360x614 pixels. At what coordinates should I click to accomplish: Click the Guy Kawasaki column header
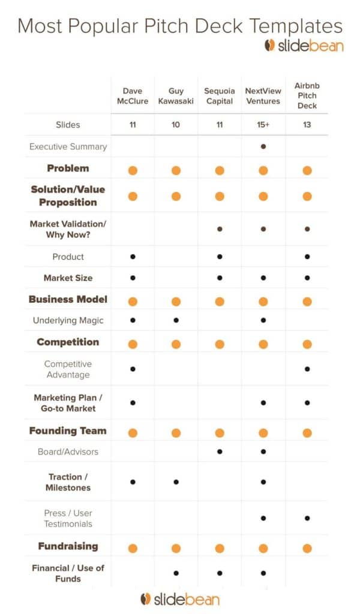[x=176, y=96]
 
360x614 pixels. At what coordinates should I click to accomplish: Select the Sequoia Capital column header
[x=220, y=96]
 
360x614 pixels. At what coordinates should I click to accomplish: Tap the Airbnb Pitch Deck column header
[x=307, y=96]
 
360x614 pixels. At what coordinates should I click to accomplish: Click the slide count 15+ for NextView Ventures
[x=263, y=125]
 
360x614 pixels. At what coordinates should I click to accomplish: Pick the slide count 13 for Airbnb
[x=307, y=125]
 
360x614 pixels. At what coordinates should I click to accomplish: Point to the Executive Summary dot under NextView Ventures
[x=263, y=146]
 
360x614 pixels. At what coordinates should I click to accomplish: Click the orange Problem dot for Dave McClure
[x=133, y=170]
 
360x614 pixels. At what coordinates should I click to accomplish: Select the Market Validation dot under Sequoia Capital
[x=220, y=229]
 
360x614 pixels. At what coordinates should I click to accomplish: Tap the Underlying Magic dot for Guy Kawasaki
[x=176, y=320]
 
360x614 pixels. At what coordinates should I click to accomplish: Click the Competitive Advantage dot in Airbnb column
[x=307, y=369]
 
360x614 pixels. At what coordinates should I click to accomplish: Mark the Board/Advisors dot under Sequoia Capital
[x=220, y=452]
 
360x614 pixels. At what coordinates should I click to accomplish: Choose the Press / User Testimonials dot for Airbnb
[x=307, y=518]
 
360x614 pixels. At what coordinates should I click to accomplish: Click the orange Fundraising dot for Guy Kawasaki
[x=176, y=547]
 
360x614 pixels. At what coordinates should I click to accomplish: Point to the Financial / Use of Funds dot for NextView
[x=263, y=573]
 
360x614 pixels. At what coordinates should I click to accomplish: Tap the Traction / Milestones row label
[x=68, y=482]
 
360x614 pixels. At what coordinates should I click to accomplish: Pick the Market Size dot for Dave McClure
[x=133, y=278]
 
